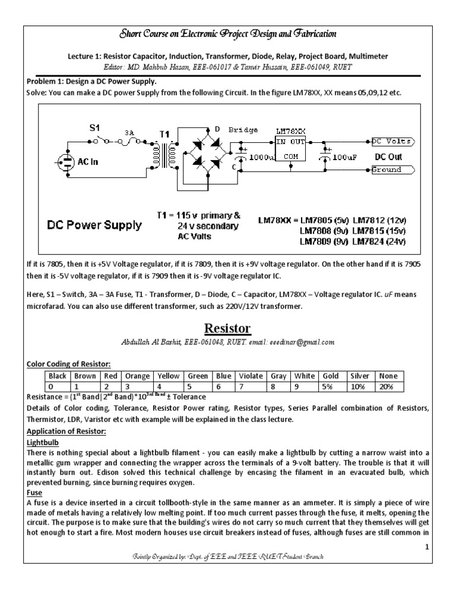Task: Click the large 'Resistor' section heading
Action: pos(228,329)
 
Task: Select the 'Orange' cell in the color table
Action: pos(137,376)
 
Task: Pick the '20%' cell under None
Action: pos(391,386)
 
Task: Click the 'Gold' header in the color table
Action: pos(331,376)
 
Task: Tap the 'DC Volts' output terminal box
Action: pos(392,142)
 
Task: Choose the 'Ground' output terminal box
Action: pos(392,170)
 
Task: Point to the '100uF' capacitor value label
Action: pos(343,158)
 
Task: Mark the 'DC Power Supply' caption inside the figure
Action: pos(95,225)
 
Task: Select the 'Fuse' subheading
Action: pos(36,491)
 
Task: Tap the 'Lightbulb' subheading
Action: pos(45,442)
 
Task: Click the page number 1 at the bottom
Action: pos(426,548)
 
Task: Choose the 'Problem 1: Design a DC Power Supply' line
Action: pos(92,81)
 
